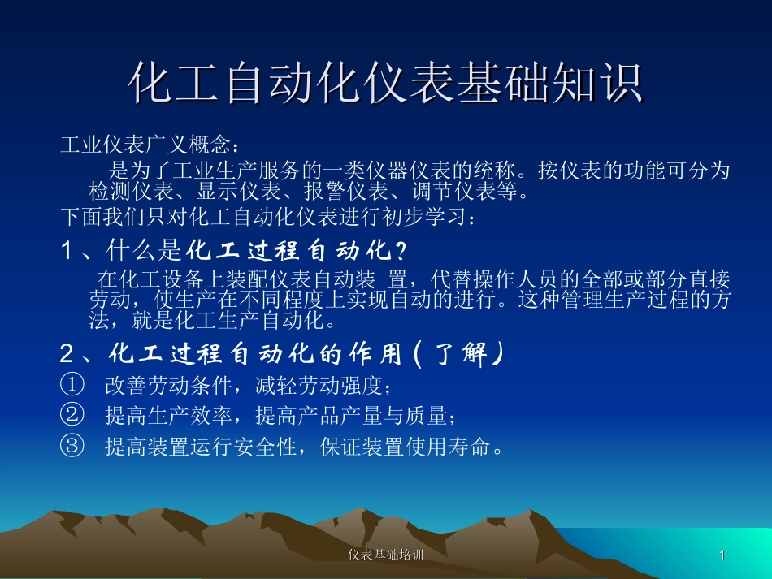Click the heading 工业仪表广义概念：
[x=151, y=146]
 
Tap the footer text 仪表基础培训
[x=385, y=555]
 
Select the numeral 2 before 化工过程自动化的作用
[x=68, y=354]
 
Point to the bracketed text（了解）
[x=459, y=354]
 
